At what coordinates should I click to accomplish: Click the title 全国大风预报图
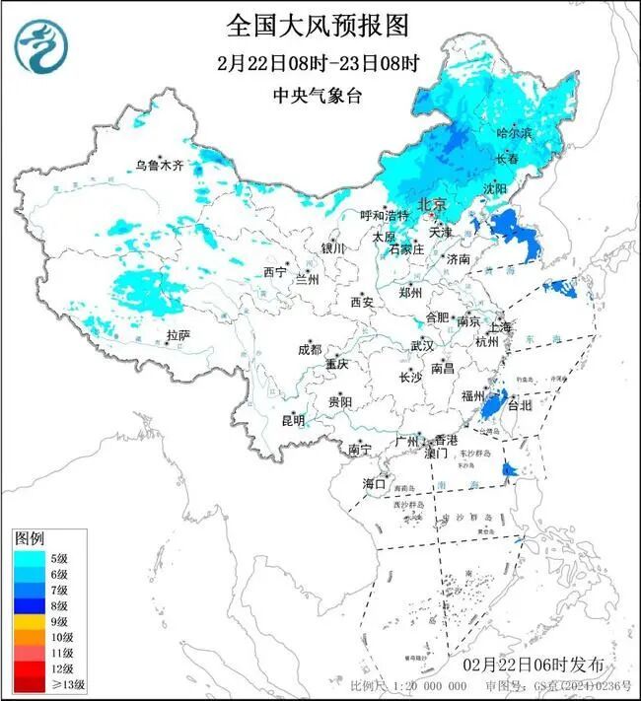coord(317,25)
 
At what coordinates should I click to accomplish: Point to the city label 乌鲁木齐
coord(159,166)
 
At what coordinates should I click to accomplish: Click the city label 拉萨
coord(178,335)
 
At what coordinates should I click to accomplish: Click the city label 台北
coord(519,404)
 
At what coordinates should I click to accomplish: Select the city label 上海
coord(501,326)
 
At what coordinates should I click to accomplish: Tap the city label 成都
coord(309,349)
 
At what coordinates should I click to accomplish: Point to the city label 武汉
coord(422,346)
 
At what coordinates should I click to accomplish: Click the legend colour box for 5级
coord(30,558)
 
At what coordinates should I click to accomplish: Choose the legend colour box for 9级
coord(30,623)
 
